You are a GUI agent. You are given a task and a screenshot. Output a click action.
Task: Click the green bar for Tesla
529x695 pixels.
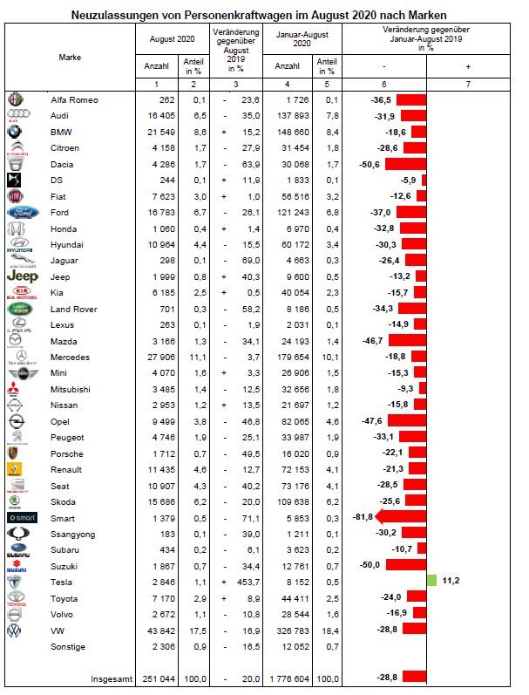431,581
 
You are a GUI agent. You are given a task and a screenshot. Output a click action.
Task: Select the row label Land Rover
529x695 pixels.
72,309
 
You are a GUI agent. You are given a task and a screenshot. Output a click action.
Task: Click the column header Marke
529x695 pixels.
70,57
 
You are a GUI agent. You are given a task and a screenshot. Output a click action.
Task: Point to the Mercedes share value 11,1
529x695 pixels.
193,357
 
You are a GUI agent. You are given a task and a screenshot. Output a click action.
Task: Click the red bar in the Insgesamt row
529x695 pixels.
414,678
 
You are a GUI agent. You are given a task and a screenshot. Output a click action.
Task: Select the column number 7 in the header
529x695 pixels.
469,84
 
